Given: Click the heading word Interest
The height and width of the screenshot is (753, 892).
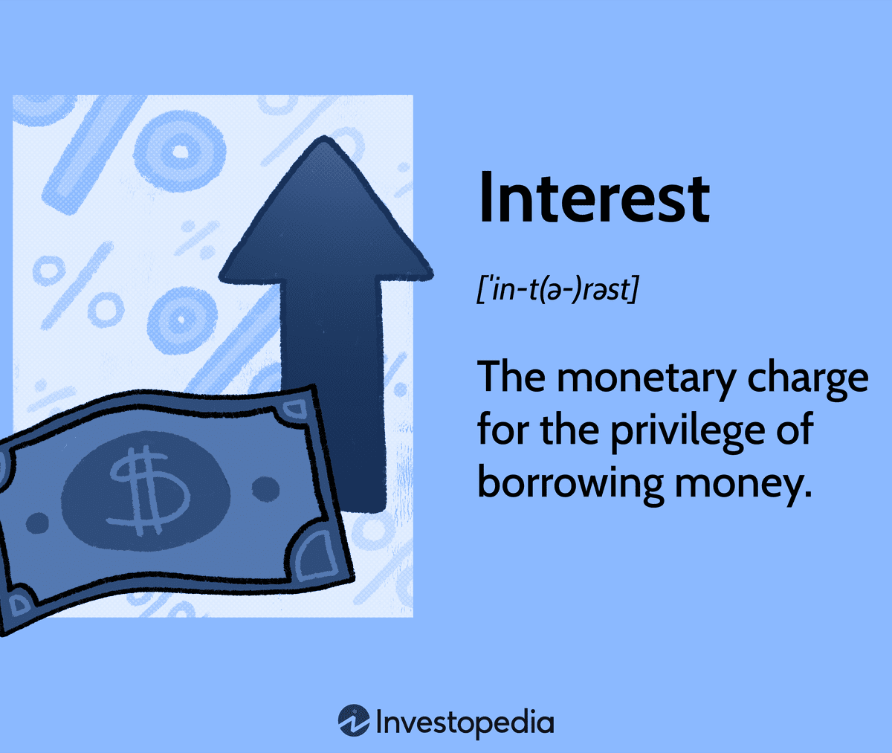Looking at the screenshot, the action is (x=594, y=198).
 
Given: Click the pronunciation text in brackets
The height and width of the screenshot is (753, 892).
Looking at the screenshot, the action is (x=557, y=290).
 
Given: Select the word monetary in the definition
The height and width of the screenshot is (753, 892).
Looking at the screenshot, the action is (x=646, y=378).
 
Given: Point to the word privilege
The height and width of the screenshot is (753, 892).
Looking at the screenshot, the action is (x=688, y=431).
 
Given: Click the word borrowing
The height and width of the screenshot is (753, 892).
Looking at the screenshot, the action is (x=570, y=483).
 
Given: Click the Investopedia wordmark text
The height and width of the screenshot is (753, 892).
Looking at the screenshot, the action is (x=465, y=723).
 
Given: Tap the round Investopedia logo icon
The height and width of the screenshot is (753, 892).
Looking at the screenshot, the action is (x=354, y=720).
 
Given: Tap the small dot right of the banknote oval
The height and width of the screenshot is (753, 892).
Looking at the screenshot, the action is (x=265, y=489).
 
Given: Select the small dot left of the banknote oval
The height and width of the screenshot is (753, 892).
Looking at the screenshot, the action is (x=38, y=523).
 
